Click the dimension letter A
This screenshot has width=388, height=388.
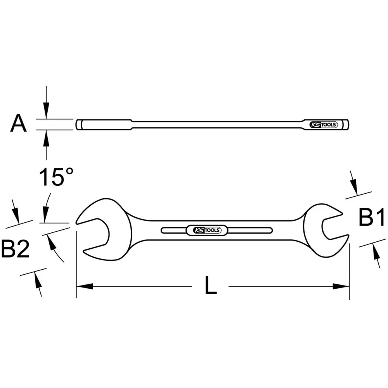[19, 124]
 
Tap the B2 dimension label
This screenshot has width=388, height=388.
[15, 249]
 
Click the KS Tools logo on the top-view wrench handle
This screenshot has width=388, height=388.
[207, 230]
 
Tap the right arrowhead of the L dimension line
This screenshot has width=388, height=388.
[341, 287]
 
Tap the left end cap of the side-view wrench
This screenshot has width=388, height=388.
[79, 125]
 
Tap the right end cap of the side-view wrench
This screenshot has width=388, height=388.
[346, 125]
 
